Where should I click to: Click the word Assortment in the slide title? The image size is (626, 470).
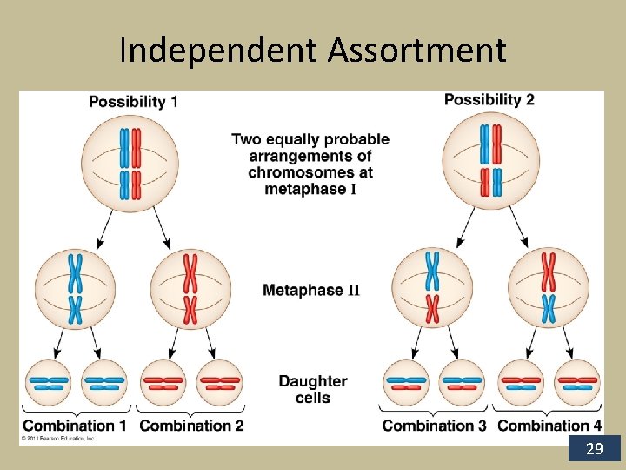(x=416, y=50)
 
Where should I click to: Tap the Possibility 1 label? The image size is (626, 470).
(x=133, y=102)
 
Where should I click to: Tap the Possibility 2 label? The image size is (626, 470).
(x=489, y=99)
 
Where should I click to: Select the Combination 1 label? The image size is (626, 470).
(x=75, y=426)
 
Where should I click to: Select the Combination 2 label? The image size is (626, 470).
(x=191, y=426)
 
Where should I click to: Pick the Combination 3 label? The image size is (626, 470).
(x=434, y=426)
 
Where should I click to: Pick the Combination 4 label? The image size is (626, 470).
(x=549, y=426)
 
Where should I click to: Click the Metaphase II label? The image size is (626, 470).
(x=310, y=290)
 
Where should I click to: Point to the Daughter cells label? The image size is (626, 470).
(x=313, y=389)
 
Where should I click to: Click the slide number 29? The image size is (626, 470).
(x=595, y=449)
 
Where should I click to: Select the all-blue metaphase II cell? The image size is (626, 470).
(x=76, y=287)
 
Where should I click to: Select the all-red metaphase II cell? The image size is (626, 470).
(x=190, y=287)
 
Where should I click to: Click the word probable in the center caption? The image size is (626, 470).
(x=355, y=139)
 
